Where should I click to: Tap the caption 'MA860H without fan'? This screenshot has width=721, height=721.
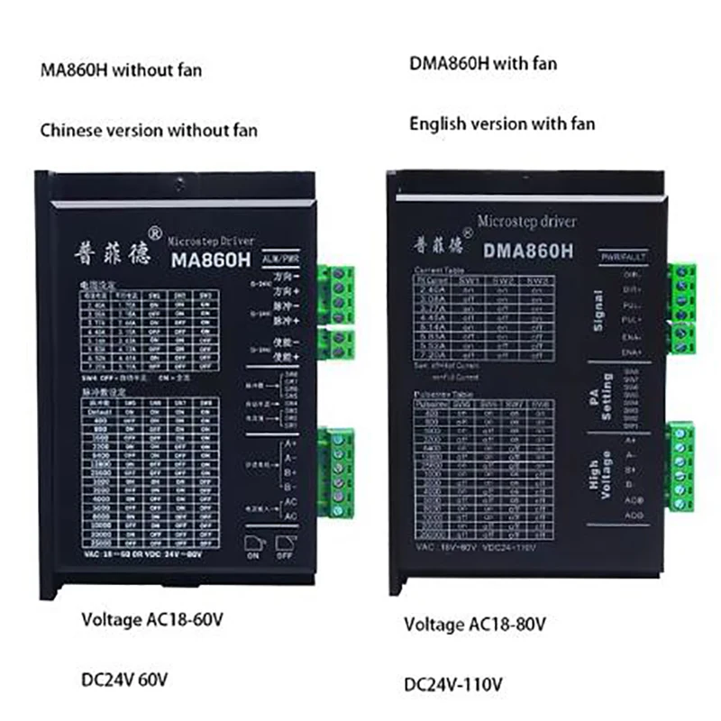(117, 69)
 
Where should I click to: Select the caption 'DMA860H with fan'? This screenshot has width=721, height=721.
(484, 63)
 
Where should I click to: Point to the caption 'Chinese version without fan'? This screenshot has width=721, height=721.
(150, 130)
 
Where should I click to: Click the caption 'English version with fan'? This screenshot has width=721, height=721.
(502, 123)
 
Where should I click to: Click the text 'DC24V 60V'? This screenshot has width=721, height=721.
(125, 676)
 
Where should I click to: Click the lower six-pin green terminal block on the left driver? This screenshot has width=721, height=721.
(341, 474)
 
